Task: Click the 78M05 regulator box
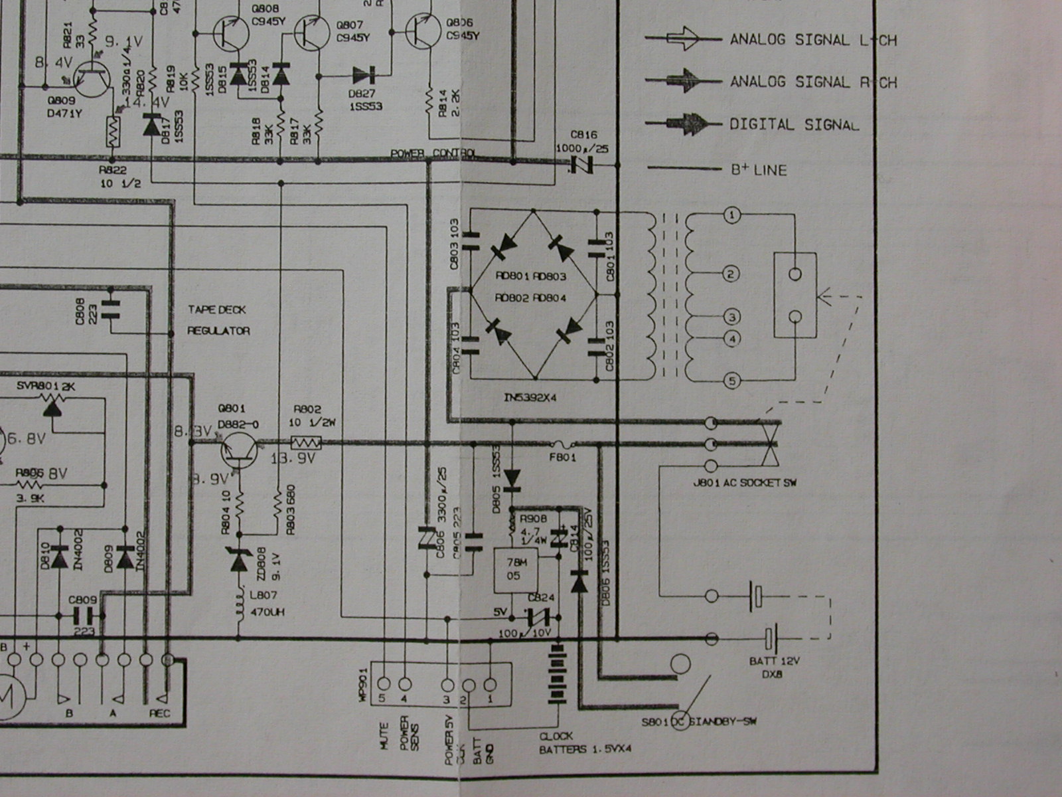pos(514,571)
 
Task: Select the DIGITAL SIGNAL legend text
pos(794,124)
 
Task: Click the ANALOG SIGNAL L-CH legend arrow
pos(684,39)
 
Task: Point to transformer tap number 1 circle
pos(731,215)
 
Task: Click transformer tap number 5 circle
pos(731,381)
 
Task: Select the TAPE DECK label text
pos(216,310)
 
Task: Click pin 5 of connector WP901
pos(383,683)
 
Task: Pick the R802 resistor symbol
pos(307,442)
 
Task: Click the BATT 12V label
pos(775,662)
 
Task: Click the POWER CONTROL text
pos(433,154)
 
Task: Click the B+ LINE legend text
pos(759,170)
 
